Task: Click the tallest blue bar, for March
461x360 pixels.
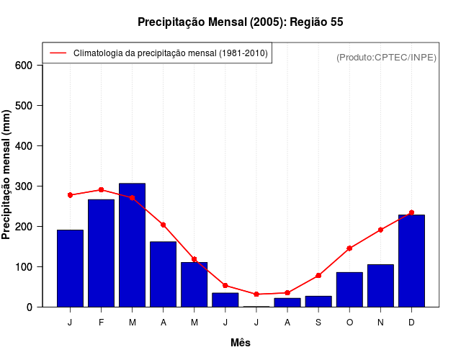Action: click(x=133, y=245)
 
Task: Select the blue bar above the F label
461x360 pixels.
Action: click(x=102, y=253)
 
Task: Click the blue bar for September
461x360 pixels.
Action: click(x=318, y=301)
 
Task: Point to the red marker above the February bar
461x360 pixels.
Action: click(x=102, y=190)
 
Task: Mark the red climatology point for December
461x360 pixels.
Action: click(x=411, y=213)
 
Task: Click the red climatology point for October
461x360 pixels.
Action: click(x=349, y=248)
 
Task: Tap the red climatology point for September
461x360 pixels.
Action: click(x=318, y=276)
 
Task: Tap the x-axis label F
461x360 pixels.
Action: click(x=102, y=323)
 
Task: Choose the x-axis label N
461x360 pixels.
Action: click(x=380, y=323)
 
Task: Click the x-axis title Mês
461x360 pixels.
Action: click(x=241, y=343)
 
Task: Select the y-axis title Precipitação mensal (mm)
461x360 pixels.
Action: click(x=7, y=175)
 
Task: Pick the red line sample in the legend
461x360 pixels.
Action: click(x=58, y=53)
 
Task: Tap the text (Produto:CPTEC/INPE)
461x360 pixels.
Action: click(x=387, y=58)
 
